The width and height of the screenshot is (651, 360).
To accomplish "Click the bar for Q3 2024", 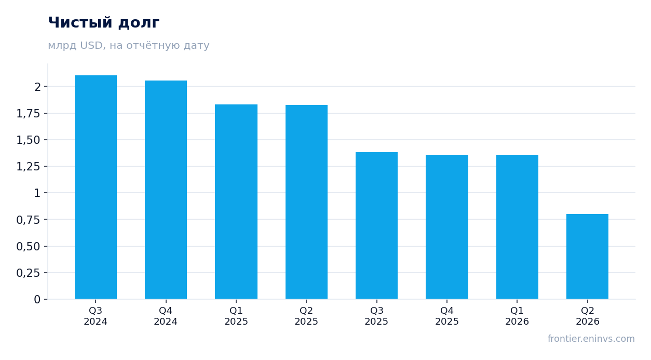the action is [x=96, y=187].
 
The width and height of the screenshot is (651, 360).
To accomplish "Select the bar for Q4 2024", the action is [x=166, y=190].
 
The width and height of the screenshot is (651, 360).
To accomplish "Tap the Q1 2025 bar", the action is [x=236, y=202].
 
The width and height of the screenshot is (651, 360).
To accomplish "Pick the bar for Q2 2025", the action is [x=306, y=202].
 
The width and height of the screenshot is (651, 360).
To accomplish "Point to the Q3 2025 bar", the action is [x=377, y=225].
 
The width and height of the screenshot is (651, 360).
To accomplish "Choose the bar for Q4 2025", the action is [x=447, y=227].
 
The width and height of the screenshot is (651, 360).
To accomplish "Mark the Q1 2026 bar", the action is [x=517, y=227].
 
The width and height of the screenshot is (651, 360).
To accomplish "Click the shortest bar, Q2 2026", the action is [x=587, y=257].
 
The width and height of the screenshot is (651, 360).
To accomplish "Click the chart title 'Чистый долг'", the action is [x=103, y=23].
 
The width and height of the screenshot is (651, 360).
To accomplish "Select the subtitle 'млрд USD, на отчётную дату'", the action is [x=128, y=45].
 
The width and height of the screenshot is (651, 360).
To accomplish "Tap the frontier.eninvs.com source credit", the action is [x=591, y=339].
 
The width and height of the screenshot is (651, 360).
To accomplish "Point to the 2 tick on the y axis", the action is [x=37, y=87].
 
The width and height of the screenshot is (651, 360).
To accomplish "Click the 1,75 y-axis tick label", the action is [x=28, y=113].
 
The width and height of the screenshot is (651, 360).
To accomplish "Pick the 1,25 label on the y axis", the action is [x=28, y=167].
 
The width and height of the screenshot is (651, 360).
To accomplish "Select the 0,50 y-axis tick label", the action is [x=28, y=247].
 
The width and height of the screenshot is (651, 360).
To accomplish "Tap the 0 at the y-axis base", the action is [x=37, y=300].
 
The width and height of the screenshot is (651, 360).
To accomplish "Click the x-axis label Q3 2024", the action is [x=96, y=316].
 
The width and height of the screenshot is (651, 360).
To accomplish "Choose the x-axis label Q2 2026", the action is [x=588, y=316].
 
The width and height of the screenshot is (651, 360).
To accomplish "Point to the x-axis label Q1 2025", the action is [x=236, y=316].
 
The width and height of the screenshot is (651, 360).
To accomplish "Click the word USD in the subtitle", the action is [x=91, y=45].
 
